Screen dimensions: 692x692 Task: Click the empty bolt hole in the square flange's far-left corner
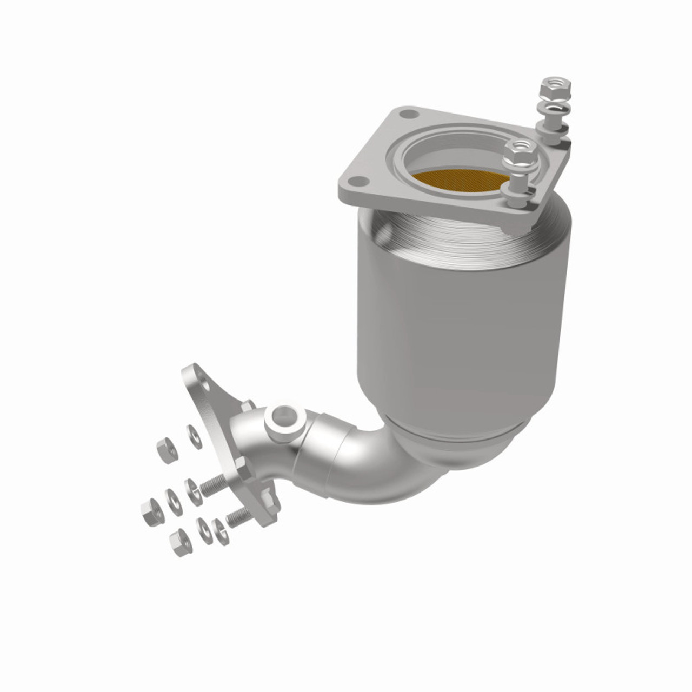407,115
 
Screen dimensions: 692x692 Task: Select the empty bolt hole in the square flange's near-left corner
356,182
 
